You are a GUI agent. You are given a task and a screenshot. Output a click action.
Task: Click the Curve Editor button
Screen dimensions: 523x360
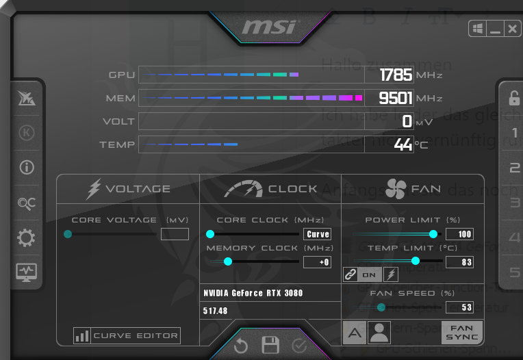coord(127,335)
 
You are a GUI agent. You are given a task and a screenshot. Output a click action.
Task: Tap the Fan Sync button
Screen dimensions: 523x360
coord(461,333)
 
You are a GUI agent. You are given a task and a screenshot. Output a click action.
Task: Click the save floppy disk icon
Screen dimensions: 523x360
coord(270,345)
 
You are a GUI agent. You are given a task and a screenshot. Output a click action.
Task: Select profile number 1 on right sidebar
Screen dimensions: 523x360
coord(514,133)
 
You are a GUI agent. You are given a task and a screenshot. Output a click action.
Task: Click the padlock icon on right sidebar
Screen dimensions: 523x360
coord(514,98)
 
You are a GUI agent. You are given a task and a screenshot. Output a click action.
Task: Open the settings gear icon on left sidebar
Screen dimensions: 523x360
coord(26,237)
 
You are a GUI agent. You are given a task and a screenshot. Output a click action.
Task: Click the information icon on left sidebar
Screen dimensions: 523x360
coord(27,167)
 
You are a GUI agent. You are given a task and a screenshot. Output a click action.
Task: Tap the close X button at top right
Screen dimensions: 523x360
coord(512,29)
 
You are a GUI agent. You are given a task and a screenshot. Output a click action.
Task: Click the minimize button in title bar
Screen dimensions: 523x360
coord(495,29)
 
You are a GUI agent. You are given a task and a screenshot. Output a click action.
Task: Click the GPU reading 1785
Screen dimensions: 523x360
coord(396,75)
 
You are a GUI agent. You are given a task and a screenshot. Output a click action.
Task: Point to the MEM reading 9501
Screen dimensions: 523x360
coord(396,98)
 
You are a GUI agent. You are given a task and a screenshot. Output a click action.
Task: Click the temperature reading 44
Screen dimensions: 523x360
coord(403,144)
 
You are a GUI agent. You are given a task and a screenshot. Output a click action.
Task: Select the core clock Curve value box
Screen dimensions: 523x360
coord(318,234)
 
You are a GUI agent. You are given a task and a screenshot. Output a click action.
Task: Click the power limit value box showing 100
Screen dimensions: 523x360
coord(459,234)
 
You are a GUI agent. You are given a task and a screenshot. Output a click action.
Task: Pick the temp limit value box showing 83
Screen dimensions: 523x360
coord(459,261)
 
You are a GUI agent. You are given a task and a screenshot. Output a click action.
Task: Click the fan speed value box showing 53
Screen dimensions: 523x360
coord(459,307)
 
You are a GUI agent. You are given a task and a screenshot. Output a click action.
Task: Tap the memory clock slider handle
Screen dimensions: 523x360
coord(228,261)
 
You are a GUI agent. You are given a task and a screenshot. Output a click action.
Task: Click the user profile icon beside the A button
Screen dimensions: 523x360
coord(379,333)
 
